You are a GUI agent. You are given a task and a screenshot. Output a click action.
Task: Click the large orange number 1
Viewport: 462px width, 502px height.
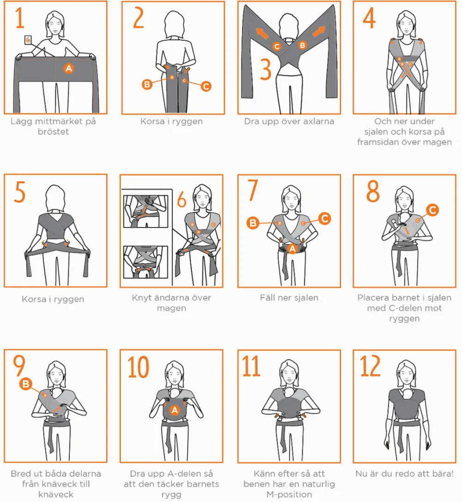[x=19, y=18]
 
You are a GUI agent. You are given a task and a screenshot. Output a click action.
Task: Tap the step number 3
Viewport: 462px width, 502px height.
[x=265, y=69]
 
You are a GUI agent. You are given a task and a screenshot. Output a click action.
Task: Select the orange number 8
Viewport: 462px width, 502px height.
[x=373, y=191]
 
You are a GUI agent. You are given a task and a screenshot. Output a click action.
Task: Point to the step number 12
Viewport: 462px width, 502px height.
[x=371, y=366]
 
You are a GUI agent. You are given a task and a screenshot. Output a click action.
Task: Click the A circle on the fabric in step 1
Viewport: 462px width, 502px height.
[x=68, y=68]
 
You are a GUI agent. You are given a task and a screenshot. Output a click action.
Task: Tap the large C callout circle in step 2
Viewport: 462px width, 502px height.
[x=206, y=86]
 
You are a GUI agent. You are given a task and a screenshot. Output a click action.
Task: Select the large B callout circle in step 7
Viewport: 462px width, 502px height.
[x=253, y=223]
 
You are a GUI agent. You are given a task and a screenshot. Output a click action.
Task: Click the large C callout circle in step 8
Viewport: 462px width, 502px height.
[x=432, y=210]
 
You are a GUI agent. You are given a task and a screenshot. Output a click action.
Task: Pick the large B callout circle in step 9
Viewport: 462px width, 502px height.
[x=26, y=384]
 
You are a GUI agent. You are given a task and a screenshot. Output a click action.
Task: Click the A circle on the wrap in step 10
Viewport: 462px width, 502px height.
[x=175, y=410]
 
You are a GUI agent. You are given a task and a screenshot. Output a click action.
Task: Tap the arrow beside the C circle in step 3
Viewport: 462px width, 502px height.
[x=262, y=33]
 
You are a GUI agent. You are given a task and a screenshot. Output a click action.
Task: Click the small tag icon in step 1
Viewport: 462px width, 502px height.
[x=28, y=40]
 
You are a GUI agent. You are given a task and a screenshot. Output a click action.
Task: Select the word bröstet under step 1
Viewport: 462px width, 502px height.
[x=53, y=132]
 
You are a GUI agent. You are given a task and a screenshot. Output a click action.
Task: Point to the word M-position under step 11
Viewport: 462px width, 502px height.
[x=289, y=494]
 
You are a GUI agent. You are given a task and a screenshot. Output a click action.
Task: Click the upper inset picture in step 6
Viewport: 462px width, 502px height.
[x=146, y=212]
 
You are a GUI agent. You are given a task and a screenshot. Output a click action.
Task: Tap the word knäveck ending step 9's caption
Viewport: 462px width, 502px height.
[x=56, y=494]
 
